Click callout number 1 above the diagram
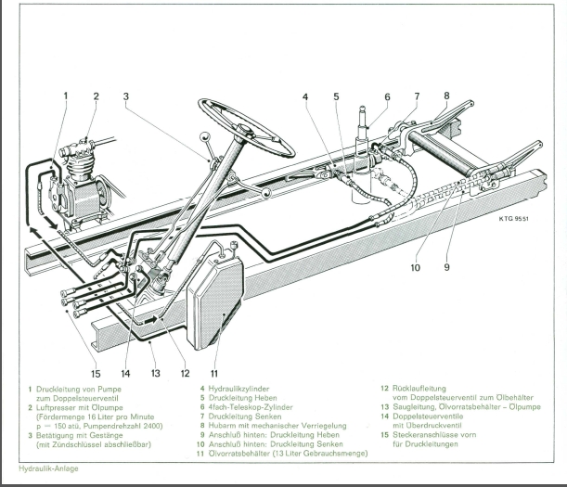[x=66, y=96]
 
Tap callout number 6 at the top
[x=387, y=96]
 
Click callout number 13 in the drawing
[x=156, y=373]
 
